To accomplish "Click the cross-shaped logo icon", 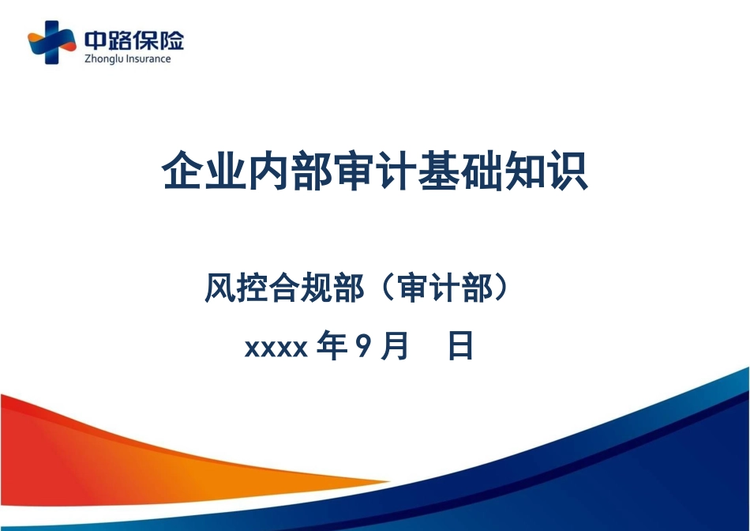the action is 51,42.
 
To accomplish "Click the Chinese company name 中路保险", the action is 134,41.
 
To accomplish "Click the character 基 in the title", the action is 438,171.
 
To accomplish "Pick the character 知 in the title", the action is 524,171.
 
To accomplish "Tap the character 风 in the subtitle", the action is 220,288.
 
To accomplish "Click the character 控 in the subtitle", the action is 252,288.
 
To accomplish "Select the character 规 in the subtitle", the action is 316,288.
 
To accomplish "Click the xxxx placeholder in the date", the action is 276,348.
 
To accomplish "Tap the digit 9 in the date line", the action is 363,345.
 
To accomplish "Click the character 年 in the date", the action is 332,345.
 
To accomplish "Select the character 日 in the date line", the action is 460,345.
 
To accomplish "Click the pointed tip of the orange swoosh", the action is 389,481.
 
